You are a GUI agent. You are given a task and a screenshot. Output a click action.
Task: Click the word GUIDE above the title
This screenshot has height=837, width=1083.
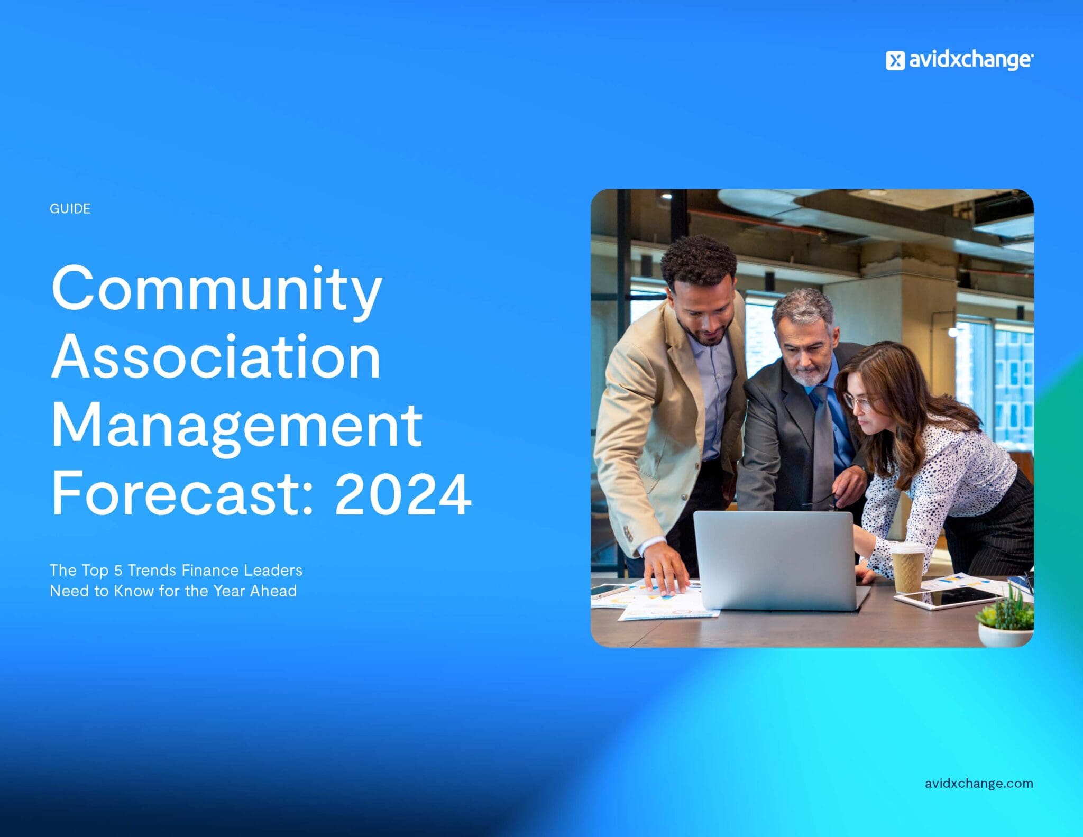70,209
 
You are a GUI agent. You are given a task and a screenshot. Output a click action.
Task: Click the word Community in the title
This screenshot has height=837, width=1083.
217,291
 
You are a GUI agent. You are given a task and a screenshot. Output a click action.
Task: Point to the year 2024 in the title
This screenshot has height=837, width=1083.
403,494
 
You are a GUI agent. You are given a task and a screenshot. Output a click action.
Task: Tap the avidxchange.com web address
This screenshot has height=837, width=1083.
979,784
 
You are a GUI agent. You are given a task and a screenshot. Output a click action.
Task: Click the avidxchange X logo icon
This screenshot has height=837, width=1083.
895,61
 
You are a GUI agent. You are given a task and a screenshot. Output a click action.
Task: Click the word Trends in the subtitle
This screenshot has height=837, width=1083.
152,570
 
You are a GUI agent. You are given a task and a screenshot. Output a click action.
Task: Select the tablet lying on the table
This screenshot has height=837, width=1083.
947,598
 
